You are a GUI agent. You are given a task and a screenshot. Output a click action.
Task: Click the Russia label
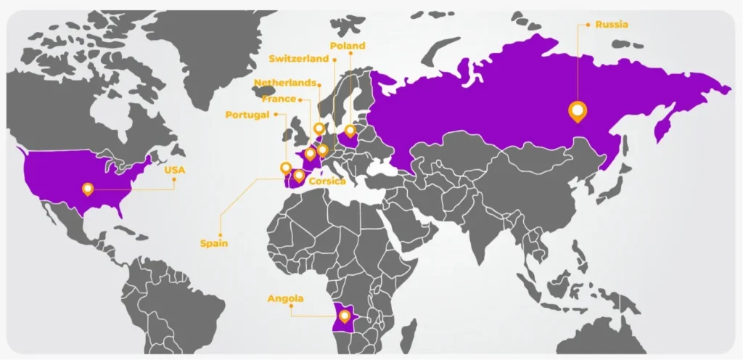click(x=612, y=25)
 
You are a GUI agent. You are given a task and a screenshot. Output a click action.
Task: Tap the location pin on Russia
click(x=578, y=111)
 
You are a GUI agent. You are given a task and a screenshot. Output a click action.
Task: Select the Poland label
click(x=347, y=46)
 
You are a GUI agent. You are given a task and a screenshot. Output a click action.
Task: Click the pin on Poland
click(x=350, y=131)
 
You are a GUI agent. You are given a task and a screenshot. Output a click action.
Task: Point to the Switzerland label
click(x=298, y=59)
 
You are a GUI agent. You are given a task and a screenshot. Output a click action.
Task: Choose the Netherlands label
click(x=285, y=83)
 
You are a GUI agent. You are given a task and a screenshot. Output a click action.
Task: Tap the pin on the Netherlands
click(x=319, y=129)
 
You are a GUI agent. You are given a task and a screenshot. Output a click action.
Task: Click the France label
click(x=279, y=99)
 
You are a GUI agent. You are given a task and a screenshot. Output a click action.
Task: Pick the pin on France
click(x=310, y=153)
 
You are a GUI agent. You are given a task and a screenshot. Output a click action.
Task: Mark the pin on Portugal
click(x=286, y=168)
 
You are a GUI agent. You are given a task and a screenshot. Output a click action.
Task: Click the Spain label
click(x=214, y=244)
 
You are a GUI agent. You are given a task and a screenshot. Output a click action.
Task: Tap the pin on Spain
click(x=298, y=175)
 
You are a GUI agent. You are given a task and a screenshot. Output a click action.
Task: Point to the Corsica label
click(x=327, y=181)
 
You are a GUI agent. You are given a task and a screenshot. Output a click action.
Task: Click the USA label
click(x=175, y=170)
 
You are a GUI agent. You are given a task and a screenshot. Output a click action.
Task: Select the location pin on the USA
click(x=88, y=189)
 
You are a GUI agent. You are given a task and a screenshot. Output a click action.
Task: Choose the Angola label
click(x=285, y=298)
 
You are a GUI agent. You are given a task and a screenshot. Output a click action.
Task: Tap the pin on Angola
click(x=345, y=316)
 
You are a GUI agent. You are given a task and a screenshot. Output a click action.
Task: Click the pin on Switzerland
click(x=323, y=151)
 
